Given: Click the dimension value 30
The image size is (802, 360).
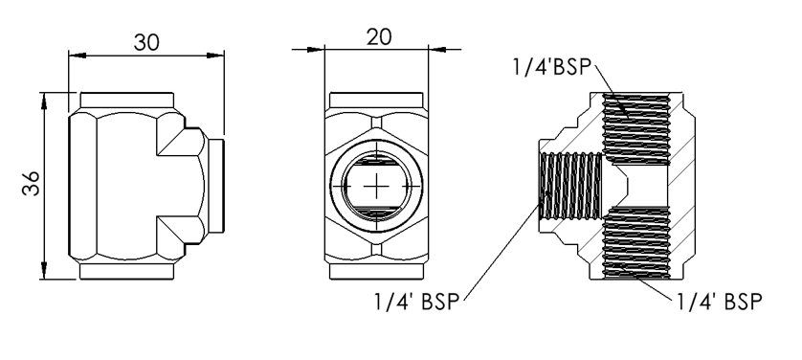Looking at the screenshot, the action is [x=146, y=42].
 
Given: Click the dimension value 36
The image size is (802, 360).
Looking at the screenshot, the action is [x=32, y=183].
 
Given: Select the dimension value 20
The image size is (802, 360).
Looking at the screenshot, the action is [x=379, y=36].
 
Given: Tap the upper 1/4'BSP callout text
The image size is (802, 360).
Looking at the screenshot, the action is [x=552, y=67].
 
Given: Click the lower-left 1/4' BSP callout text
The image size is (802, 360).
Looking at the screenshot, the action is [x=417, y=302].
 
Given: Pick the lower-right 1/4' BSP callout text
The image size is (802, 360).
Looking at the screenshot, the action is [x=720, y=302].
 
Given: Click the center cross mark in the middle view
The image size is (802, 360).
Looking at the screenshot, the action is [x=376, y=186].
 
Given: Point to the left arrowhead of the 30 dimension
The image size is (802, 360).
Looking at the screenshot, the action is [x=77, y=56].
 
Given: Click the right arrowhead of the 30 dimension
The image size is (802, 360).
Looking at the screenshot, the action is [x=216, y=56].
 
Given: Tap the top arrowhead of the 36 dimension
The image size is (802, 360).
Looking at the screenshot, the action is [x=44, y=101].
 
